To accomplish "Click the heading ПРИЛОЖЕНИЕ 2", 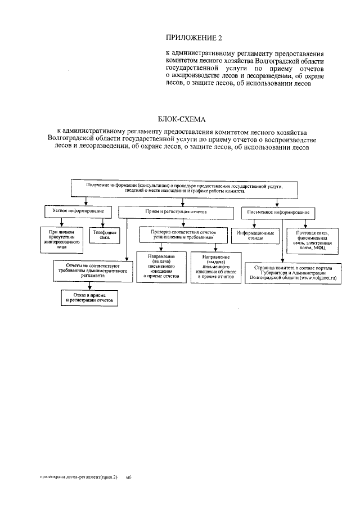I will click(193, 38).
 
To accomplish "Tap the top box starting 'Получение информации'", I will click(184, 188).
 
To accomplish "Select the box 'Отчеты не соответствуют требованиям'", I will click(89, 271).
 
